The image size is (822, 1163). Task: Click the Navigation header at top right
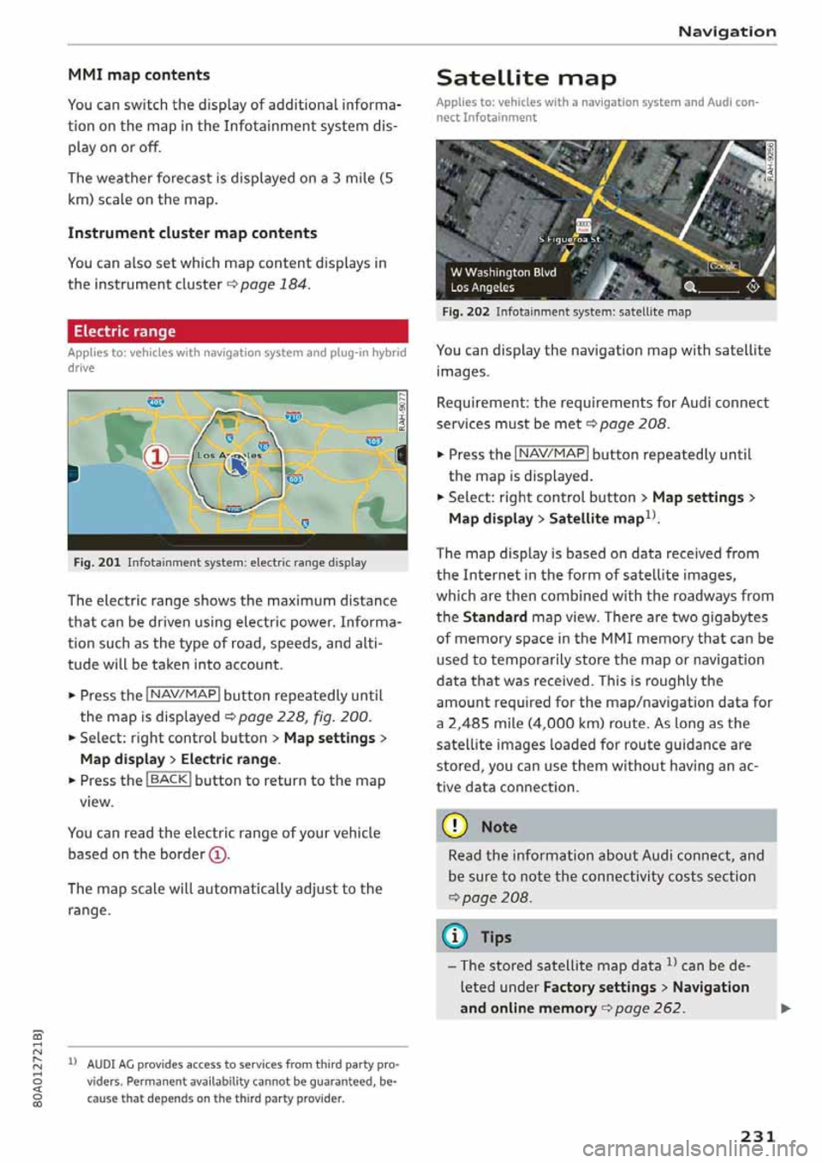pos(726,32)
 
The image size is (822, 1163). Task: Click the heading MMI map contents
pos(139,75)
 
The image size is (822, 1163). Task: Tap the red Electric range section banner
pos(237,331)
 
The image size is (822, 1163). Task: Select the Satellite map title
pos(526,79)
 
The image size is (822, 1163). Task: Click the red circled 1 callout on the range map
pos(157,456)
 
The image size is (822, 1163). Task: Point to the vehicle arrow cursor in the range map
pos(237,465)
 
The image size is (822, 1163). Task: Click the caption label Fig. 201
pos(97,563)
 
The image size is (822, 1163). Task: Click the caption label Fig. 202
pos(466,313)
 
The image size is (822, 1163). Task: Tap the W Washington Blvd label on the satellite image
pos(503,272)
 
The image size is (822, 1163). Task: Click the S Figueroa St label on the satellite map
pos(570,241)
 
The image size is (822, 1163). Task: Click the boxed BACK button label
pos(169,780)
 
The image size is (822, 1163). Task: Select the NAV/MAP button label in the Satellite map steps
pos(551,454)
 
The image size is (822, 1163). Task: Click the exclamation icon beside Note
pos(455,826)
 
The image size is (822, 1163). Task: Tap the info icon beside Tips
pos(455,937)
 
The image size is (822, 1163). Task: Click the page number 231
pos(757,1136)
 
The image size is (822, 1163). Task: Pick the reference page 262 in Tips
pos(649,1008)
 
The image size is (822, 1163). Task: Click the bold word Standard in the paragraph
pos(495,617)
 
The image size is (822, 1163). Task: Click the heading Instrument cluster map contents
pos(192,234)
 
